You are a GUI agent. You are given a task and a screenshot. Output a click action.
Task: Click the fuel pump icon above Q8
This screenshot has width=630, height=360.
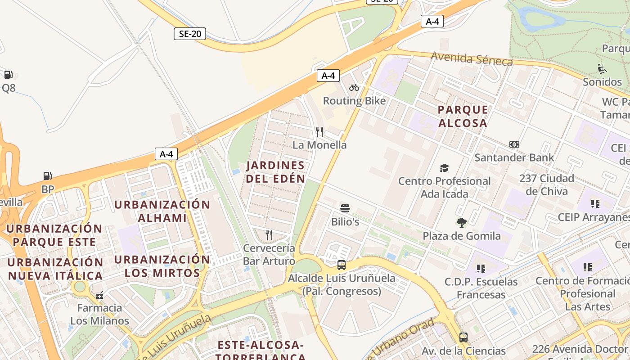8,75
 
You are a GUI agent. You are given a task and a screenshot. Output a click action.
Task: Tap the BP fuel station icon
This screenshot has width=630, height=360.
47,176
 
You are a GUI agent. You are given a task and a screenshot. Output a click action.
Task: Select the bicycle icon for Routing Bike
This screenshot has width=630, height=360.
354,87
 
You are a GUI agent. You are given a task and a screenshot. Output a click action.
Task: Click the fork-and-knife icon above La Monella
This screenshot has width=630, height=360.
319,131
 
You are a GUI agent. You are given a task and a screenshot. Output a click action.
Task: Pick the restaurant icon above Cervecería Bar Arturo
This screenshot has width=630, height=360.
269,234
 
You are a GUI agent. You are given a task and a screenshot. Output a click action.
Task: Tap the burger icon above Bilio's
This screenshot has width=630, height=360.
345,208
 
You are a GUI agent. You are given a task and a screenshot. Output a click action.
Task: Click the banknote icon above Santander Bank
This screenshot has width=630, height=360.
514,144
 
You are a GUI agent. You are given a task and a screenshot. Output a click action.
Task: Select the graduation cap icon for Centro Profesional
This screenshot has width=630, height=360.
444,168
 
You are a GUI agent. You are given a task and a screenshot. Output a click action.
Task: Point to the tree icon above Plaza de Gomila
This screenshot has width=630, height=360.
461,222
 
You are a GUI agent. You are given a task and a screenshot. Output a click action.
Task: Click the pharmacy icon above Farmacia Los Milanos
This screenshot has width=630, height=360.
99,295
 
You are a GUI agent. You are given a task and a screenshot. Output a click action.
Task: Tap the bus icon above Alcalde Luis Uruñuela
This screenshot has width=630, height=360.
342,265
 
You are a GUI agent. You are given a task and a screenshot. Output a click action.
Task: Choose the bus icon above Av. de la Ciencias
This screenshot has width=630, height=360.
463,337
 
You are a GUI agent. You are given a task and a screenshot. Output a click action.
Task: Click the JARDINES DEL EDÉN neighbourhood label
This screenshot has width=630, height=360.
275,172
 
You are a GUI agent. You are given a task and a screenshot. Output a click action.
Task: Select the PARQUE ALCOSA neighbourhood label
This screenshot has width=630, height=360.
463,116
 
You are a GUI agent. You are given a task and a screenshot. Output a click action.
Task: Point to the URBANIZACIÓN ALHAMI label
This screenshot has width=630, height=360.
162,211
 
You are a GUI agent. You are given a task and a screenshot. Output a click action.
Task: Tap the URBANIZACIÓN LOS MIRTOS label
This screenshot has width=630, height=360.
162,266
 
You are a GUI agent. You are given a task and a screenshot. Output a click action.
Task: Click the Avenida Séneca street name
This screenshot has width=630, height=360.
472,58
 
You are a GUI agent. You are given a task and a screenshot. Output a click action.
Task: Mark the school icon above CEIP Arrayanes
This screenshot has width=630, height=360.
595,204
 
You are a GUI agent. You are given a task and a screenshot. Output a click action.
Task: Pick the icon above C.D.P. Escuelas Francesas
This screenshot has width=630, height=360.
481,269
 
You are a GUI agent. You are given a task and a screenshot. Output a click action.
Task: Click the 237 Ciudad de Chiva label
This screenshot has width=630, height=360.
547,184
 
